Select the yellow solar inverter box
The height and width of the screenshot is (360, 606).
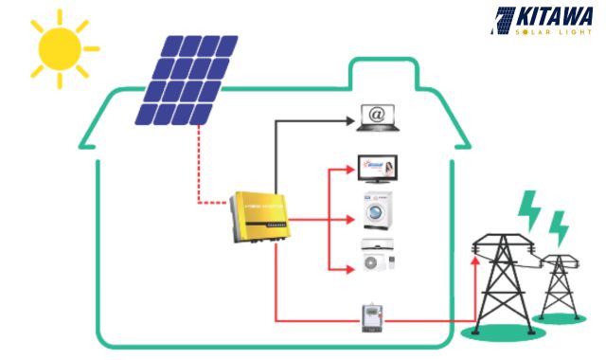(x=258, y=217)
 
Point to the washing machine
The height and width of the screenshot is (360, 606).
(x=377, y=209)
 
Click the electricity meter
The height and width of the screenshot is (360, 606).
(x=372, y=319)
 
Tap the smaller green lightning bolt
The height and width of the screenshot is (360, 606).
(x=560, y=228)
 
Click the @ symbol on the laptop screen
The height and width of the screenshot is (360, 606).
(x=377, y=115)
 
